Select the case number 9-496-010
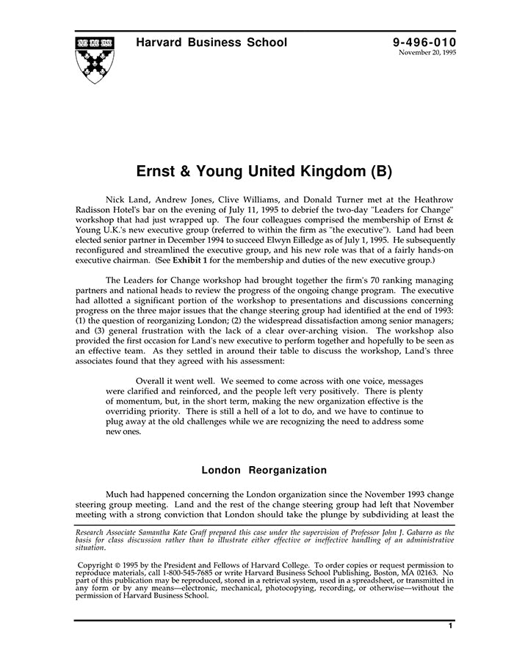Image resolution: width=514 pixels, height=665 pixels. [424, 43]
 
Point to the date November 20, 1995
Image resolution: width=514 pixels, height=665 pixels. [427, 53]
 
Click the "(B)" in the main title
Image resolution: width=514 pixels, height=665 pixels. [380, 172]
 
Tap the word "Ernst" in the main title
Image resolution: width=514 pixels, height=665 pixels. [157, 172]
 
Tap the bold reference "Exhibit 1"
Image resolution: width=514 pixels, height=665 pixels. [195, 261]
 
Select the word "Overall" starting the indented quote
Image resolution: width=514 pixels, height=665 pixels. [152, 381]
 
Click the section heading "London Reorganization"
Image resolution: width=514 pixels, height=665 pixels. [264, 470]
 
